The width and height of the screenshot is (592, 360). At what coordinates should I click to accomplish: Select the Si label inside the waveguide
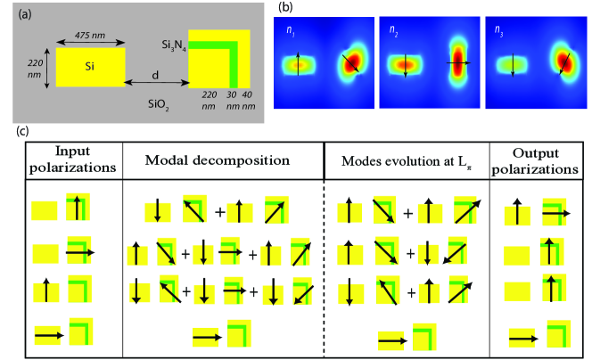[x=89, y=67]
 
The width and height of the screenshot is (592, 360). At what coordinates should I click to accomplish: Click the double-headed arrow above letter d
[x=155, y=84]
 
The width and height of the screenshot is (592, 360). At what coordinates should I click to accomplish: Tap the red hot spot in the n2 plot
[x=458, y=62]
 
